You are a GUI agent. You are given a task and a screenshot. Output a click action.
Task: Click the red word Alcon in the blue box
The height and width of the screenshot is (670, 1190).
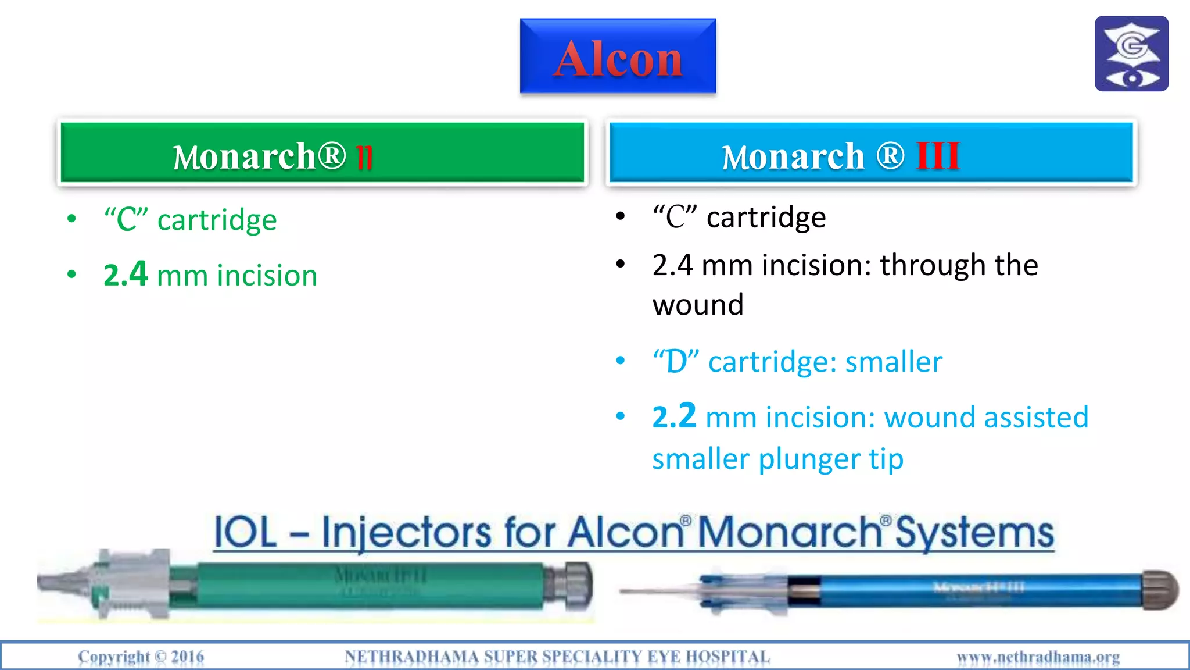pos(618,59)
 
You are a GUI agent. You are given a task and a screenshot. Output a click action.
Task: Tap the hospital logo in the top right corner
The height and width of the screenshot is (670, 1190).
pos(1131,54)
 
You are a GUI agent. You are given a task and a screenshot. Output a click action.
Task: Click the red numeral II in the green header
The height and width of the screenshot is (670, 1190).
pos(364,157)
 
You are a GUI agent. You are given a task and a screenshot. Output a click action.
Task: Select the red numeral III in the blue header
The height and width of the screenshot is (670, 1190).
pos(938,156)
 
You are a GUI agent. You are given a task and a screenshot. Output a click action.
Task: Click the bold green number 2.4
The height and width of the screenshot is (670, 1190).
pos(126,275)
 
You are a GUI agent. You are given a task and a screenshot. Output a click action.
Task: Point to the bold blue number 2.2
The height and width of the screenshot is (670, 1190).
pos(674,416)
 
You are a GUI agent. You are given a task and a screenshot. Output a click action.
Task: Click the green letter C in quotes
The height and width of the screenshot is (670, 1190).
pos(127,220)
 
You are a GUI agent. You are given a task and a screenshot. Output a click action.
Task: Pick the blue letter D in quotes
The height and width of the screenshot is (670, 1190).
pos(676,362)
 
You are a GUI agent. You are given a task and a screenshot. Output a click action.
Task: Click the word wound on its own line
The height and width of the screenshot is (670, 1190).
pos(698,305)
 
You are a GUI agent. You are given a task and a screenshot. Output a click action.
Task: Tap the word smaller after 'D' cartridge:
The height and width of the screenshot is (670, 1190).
pos(894,362)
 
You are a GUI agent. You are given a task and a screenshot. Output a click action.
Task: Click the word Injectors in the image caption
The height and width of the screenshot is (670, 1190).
pos(406,532)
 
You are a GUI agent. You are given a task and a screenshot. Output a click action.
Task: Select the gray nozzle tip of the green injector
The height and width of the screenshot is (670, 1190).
pos(58,582)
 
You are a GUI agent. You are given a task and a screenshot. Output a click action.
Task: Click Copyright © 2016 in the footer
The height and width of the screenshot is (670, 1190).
pos(141,657)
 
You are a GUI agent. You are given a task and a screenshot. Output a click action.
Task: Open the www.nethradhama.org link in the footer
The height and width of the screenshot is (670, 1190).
pos(1038,657)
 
